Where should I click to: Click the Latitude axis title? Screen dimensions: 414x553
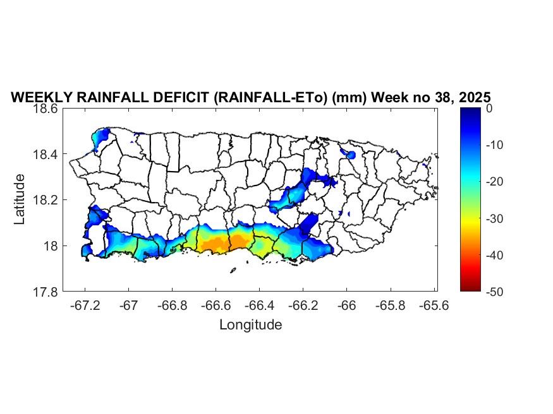tap(20, 199)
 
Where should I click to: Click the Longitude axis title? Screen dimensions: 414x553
tap(250, 325)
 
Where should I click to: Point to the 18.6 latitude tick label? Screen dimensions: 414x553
tap(46, 109)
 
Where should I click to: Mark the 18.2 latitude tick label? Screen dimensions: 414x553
tap(46, 200)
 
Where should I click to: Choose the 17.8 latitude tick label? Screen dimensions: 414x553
tap(46, 292)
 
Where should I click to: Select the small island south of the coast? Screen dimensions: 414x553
tap(233, 271)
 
